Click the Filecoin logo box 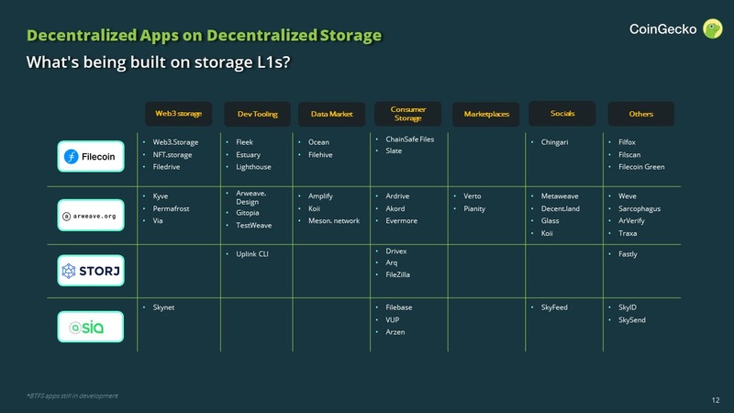[90, 157]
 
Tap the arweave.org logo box [90, 216]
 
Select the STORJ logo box [90, 271]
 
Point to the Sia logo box [90, 327]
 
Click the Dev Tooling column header [256, 114]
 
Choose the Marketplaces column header [485, 114]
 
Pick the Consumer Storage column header [407, 113]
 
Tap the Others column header [640, 114]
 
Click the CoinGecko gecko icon [712, 29]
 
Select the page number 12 [716, 400]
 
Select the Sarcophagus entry [639, 209]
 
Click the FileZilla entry [404, 275]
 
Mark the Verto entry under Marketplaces [473, 196]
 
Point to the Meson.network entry [334, 221]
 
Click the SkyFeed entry [555, 307]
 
